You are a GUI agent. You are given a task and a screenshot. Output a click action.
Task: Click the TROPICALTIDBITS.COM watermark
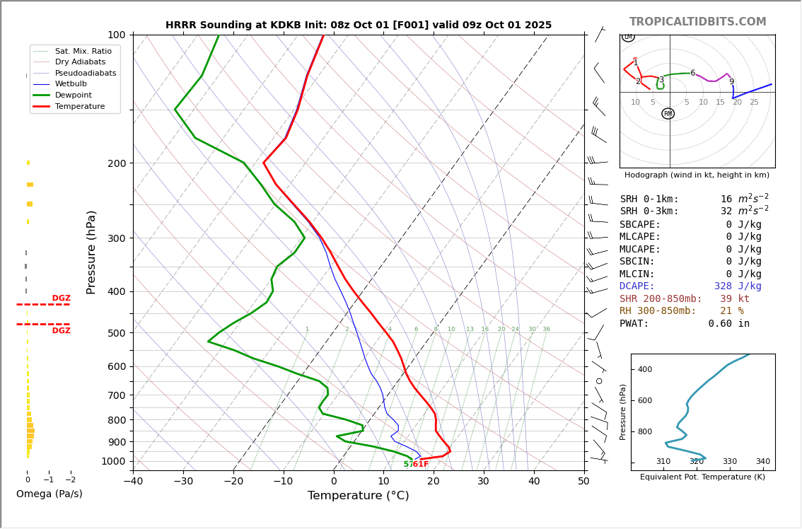697,22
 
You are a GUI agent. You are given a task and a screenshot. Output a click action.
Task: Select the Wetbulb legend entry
71,84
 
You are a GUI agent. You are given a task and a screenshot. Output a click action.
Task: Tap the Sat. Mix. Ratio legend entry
83,51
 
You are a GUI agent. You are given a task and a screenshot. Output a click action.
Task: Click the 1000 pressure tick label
113,461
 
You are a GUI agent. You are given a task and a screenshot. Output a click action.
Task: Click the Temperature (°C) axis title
358,496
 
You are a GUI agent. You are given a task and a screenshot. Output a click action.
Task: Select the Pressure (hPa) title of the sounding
91,252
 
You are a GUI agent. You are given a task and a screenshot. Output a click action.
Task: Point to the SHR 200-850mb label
661,299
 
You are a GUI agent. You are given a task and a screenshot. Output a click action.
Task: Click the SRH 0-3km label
649,211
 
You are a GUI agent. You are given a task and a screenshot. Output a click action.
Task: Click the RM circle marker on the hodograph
668,113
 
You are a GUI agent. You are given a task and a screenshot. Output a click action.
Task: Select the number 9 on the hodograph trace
731,82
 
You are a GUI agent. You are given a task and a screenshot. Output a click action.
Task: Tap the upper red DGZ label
61,298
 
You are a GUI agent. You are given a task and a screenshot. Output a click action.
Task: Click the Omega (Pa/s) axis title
49,494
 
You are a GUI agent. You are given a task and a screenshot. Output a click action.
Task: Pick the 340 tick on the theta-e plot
762,462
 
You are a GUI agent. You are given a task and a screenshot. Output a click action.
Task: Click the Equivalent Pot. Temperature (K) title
702,477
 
